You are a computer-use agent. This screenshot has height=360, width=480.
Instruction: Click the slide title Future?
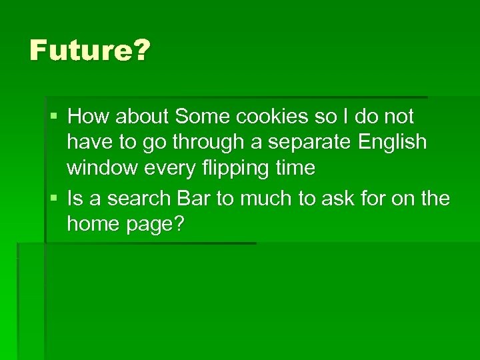[90, 51]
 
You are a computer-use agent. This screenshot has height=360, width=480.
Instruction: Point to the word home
[91, 225]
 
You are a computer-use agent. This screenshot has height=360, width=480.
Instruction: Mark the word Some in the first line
[201, 117]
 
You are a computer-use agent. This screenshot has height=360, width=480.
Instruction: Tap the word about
[142, 117]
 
